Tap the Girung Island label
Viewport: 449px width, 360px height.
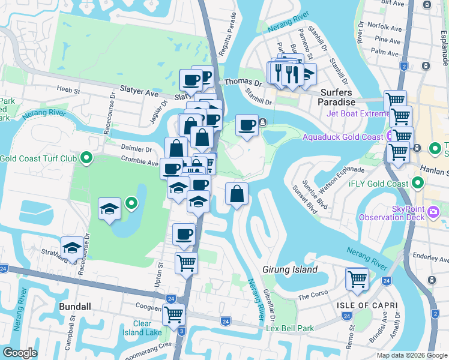[x=290, y=270]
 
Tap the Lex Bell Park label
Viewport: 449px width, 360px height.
[x=290, y=329]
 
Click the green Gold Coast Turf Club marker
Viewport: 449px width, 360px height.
[x=86, y=158]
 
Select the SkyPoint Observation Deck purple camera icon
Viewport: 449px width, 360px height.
[x=435, y=212]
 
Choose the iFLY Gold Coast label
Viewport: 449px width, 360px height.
[x=380, y=184]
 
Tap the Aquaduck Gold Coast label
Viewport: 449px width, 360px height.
[x=343, y=137]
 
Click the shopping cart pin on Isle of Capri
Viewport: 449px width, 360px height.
[x=357, y=279]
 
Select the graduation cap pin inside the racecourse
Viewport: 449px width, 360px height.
[x=109, y=209]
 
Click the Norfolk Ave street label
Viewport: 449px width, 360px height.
[x=387, y=27]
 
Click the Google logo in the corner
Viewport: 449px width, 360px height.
[x=20, y=353]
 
